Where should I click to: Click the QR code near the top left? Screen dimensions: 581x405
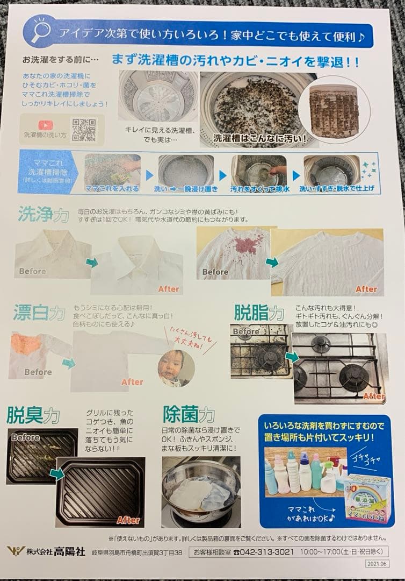click(84, 130)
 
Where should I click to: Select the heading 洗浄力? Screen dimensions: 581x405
click(43, 215)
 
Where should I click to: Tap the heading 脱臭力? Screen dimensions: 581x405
click(33, 415)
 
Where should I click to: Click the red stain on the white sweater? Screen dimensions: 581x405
click(237, 247)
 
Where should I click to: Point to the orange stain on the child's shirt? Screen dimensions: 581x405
click(26, 344)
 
